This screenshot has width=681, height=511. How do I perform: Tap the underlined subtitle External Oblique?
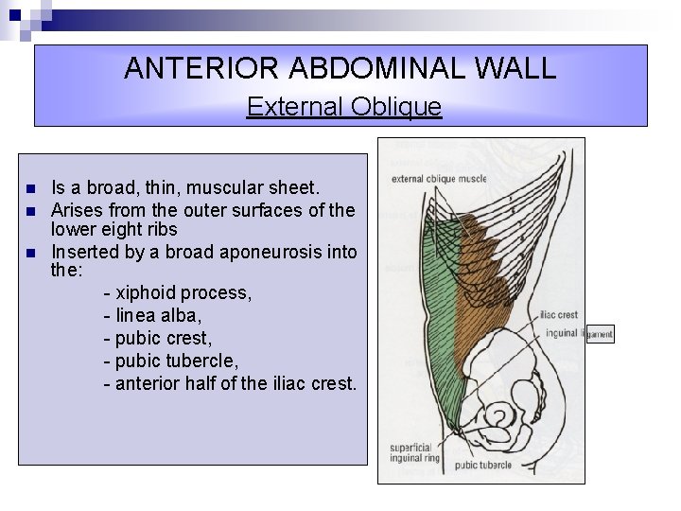coord(343,107)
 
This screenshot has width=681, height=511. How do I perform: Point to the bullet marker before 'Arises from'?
coord(31,209)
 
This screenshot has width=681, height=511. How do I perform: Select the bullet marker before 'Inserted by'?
coord(31,253)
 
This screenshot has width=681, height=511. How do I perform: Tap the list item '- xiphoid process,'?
coord(178,293)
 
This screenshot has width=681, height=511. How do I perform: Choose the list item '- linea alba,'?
coord(158,315)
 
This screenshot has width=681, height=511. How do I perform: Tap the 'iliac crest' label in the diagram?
coord(561,318)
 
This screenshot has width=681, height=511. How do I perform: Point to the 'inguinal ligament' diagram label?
coord(578,334)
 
